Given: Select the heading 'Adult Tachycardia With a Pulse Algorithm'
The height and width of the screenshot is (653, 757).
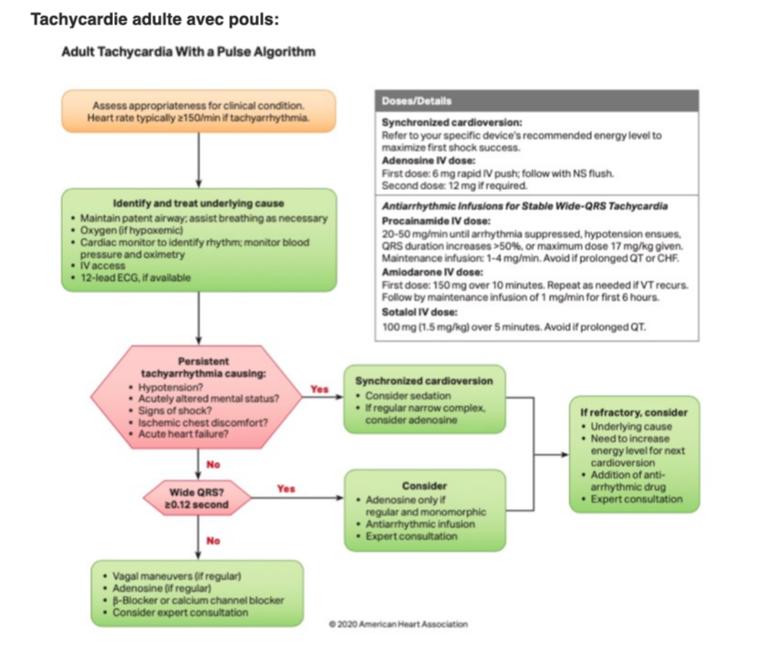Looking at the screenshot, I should (x=188, y=52).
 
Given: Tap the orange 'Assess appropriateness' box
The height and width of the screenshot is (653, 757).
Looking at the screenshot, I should (x=198, y=110).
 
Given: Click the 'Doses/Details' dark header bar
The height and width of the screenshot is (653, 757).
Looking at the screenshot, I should (x=536, y=100).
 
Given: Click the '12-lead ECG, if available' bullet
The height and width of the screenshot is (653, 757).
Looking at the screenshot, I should (x=140, y=277).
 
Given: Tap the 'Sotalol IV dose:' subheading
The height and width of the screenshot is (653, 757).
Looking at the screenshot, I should (x=421, y=311).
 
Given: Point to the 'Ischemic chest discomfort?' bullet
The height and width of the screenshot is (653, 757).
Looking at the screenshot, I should (x=197, y=422).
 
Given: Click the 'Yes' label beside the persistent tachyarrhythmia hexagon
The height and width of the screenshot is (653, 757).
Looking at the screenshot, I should (x=319, y=389).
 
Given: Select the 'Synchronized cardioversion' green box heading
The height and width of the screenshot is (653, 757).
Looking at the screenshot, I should (x=423, y=380).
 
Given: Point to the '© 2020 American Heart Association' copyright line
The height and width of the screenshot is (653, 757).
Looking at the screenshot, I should (x=399, y=624).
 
